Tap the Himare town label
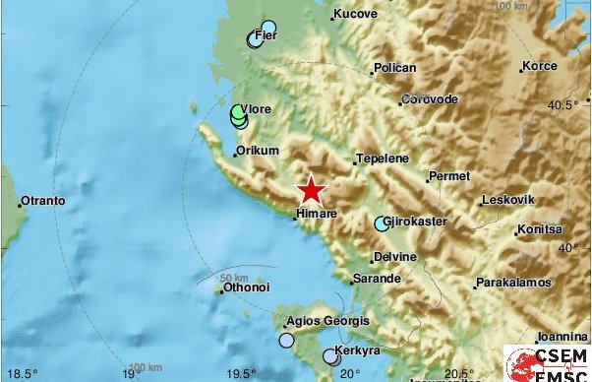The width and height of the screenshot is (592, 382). pos(318,212)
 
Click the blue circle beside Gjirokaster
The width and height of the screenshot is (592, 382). pos(382,223)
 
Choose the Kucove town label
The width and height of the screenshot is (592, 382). pos(356,14)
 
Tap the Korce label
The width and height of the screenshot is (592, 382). pos(539,66)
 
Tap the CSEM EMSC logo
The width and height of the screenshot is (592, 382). pos(547,362)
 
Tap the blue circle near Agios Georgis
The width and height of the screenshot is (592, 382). pos(286,341)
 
